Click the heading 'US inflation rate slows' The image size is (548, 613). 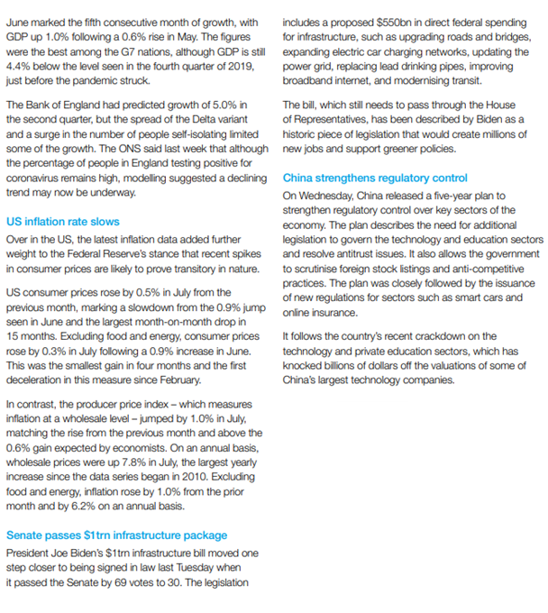(62, 221)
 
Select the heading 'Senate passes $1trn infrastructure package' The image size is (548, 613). (116, 535)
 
